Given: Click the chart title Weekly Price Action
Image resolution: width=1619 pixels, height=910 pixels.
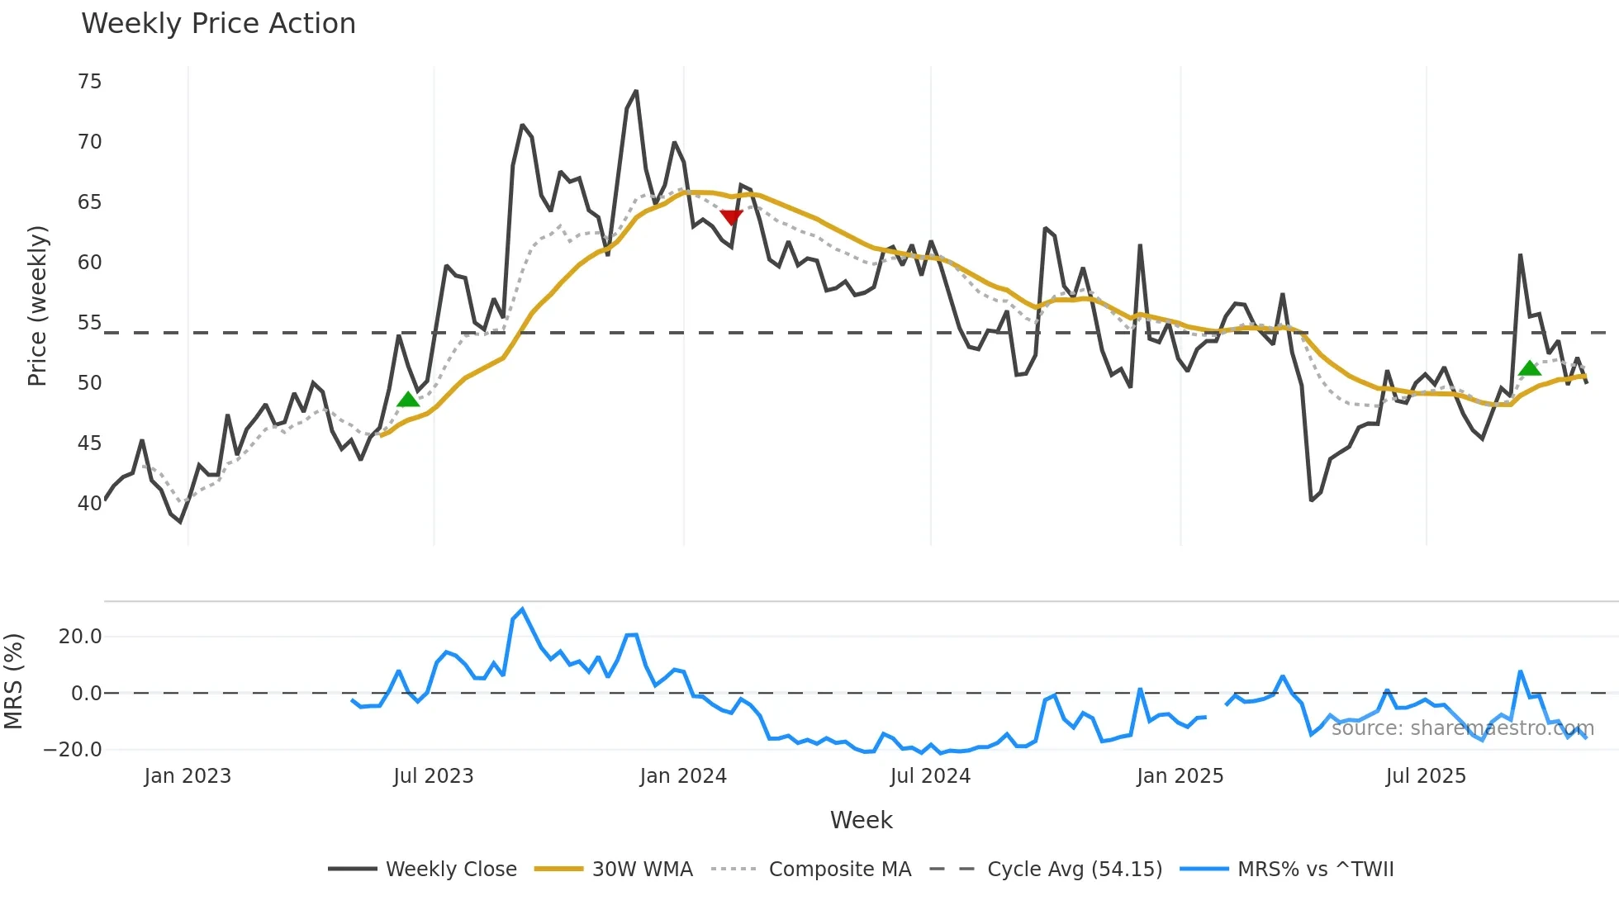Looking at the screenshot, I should point(218,24).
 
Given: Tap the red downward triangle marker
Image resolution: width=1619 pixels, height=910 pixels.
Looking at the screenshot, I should point(731,217).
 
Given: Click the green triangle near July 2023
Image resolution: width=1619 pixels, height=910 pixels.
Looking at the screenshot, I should point(408,400).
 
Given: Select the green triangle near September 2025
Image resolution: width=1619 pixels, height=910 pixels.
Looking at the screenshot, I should point(1530,368).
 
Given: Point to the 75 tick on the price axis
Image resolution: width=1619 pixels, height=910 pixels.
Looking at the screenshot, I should point(89,82).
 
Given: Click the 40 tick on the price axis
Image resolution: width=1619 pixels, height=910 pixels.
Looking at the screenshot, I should point(89,503).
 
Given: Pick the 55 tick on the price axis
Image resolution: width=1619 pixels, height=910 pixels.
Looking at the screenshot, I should point(89,323).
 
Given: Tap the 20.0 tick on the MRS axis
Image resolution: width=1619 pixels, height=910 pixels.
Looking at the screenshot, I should point(80,637).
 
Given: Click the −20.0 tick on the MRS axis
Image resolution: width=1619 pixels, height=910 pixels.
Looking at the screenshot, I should point(73,750).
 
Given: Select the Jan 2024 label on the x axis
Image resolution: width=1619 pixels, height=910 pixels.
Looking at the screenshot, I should point(683,776).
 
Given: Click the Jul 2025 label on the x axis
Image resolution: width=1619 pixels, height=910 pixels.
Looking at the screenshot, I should point(1426,776).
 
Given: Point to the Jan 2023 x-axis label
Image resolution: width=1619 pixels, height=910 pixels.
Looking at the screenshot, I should point(188,776).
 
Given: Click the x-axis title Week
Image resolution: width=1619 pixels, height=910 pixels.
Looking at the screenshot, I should point(861,820).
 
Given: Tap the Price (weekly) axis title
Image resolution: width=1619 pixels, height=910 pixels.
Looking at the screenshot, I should point(37,306).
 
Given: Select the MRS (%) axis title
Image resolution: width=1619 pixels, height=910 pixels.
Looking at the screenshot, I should point(14,681).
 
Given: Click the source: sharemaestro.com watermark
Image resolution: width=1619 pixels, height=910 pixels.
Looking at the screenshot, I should point(1462,728).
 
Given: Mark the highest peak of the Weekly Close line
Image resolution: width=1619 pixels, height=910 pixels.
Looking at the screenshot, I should point(636,91).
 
